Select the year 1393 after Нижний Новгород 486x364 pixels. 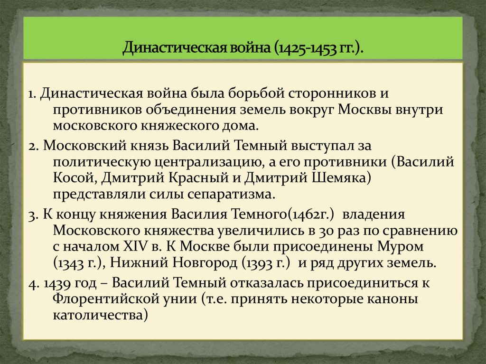click(x=260, y=264)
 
